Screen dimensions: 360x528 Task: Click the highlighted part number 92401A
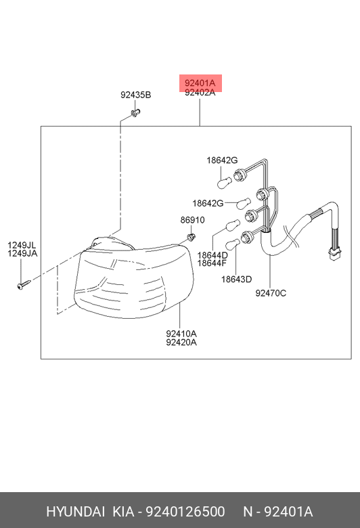(200, 83)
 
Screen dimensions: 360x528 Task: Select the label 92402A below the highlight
(200, 93)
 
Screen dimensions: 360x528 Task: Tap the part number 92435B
(136, 95)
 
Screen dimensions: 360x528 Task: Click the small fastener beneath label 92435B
(135, 113)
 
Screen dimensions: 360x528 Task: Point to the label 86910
(192, 220)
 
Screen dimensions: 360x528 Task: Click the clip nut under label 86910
(192, 237)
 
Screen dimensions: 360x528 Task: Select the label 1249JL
(22, 245)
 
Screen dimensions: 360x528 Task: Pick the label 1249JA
(22, 254)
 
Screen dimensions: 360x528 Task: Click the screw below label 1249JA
(24, 284)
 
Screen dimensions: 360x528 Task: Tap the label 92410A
(181, 334)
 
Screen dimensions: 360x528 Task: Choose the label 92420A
(181, 343)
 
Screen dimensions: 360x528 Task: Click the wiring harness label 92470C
(271, 293)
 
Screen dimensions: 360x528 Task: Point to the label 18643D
(236, 279)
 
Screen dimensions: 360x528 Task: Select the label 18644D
(212, 255)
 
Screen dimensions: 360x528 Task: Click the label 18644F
(212, 263)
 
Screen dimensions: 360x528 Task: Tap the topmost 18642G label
(222, 160)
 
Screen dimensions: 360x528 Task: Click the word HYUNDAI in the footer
(75, 512)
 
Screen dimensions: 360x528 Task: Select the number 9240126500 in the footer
(185, 512)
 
